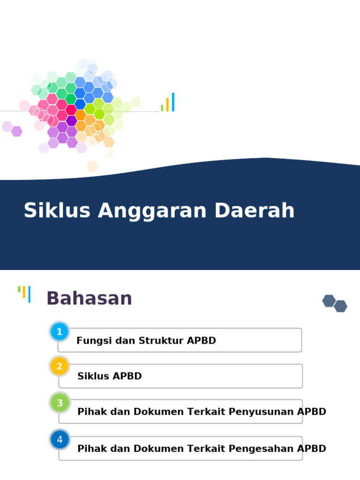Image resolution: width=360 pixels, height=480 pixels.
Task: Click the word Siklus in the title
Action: click(x=57, y=211)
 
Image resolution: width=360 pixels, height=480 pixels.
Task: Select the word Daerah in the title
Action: click(x=255, y=211)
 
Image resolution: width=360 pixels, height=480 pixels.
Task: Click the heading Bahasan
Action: click(x=89, y=299)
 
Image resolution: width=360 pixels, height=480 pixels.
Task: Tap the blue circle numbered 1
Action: click(x=60, y=332)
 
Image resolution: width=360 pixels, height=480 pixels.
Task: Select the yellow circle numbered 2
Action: click(x=60, y=366)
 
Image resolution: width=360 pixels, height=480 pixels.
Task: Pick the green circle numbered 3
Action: click(x=60, y=403)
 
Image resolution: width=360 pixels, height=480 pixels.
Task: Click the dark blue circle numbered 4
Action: click(x=60, y=440)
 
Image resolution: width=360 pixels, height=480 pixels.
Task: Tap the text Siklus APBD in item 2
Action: click(x=109, y=376)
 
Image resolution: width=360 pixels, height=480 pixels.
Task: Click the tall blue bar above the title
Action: click(x=173, y=102)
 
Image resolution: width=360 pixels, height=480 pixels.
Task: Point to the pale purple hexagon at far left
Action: click(x=7, y=126)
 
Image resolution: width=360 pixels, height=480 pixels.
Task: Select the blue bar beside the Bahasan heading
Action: click(x=29, y=294)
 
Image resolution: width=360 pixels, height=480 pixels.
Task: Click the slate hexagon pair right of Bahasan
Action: click(x=335, y=303)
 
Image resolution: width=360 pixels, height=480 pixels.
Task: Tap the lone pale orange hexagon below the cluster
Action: click(x=92, y=166)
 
